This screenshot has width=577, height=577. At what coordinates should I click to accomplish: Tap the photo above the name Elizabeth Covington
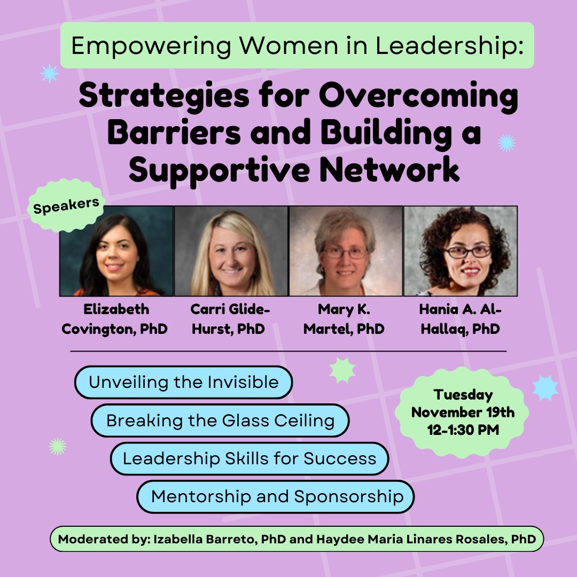coord(116,251)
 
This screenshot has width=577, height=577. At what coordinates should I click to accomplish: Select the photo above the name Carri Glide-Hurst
coord(231,251)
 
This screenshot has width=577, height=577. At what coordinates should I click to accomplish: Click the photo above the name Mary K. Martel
coord(346,251)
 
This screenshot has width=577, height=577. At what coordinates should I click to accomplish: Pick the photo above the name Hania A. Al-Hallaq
coord(461,251)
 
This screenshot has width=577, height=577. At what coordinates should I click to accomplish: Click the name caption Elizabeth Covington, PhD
coord(114,319)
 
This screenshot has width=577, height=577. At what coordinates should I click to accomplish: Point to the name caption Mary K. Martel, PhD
coord(344,319)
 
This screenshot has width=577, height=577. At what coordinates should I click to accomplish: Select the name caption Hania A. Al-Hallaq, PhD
coord(460,319)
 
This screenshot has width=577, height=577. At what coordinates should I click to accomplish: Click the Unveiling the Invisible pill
coord(183,383)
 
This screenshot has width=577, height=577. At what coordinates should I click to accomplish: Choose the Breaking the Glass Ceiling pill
coord(220,420)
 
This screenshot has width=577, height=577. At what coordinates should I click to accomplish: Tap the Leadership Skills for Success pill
coord(249,458)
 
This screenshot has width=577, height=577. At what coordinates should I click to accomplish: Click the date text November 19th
coord(463,412)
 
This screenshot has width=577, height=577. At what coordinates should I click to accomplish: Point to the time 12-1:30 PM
coord(463,429)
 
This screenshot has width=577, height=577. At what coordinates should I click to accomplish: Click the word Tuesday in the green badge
coord(463,395)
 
